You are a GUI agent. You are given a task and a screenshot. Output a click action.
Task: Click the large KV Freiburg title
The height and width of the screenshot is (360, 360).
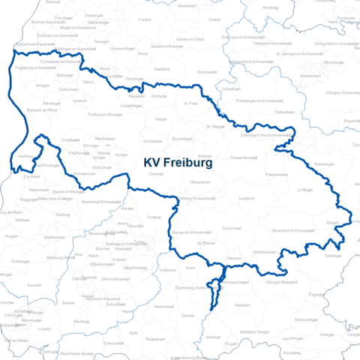pyautogui.click(x=177, y=161)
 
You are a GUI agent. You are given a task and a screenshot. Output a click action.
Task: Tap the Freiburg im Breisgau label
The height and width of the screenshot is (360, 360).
pyautogui.click(x=105, y=114)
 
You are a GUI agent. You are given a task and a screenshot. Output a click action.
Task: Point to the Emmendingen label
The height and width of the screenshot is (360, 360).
pyautogui.click(x=123, y=49)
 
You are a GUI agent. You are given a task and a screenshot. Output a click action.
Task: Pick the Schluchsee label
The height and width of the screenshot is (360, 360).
pyautogui.click(x=232, y=226)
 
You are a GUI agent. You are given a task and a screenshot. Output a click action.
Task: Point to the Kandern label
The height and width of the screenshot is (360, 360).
pyautogui.click(x=34, y=286)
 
